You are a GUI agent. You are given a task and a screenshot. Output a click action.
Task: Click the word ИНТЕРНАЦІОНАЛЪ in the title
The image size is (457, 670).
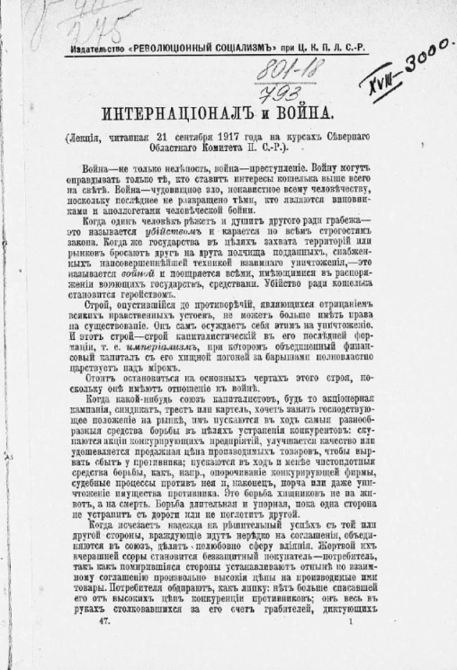click(x=174, y=114)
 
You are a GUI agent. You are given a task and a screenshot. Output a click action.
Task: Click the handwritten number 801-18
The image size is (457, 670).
click(x=281, y=72)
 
